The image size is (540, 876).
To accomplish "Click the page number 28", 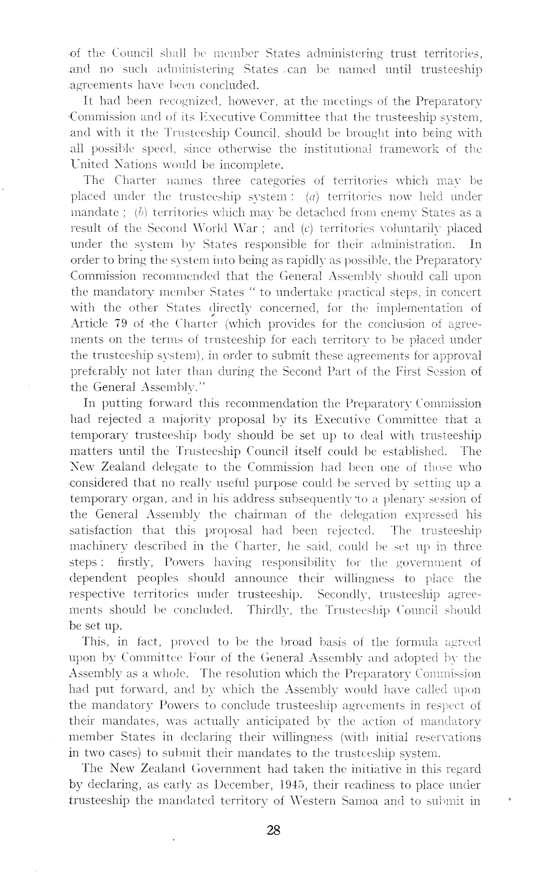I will (x=273, y=830).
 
